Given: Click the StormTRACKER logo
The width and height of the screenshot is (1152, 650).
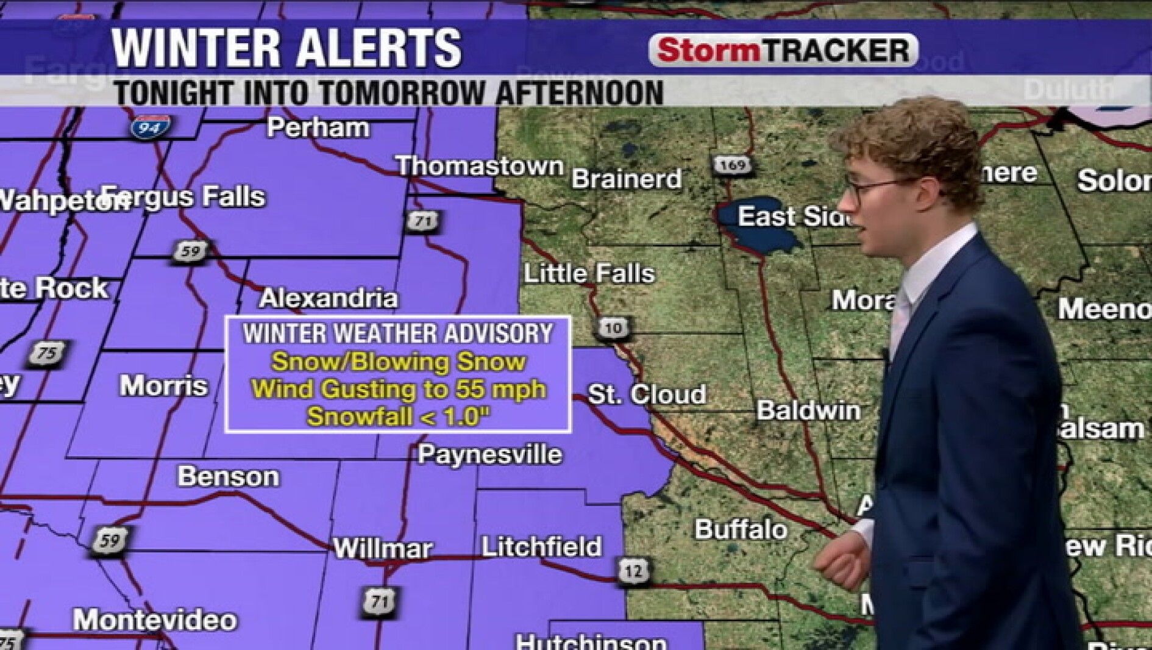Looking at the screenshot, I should point(783,50).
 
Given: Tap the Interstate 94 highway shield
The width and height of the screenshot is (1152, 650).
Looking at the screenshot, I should point(149,127).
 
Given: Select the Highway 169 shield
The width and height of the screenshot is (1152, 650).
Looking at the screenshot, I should point(731,165).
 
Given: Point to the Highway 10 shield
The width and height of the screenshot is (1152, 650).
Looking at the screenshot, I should point(613,328).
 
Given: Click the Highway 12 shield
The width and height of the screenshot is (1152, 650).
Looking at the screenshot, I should point(633,571).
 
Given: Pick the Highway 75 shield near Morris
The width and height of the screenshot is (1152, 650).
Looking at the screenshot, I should point(46,354).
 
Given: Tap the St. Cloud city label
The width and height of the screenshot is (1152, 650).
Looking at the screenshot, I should point(646,394).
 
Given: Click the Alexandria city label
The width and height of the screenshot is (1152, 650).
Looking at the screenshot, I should point(329,298).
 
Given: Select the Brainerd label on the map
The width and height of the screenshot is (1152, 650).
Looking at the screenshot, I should point(626,179).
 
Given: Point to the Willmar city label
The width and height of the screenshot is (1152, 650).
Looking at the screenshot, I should point(383,549).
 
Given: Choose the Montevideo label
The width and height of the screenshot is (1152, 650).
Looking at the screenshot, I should point(155,620).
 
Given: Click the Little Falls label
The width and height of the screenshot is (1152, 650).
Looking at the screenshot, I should point(589,273).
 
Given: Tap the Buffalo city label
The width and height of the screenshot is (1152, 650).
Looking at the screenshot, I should point(741,529).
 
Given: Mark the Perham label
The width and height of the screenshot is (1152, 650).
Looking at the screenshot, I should point(318,128).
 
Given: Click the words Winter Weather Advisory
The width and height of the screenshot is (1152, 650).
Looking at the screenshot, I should point(397,334).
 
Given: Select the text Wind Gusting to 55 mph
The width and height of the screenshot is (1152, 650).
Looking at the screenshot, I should point(398,389).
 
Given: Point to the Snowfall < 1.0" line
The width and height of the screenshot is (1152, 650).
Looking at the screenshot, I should point(398,417).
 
